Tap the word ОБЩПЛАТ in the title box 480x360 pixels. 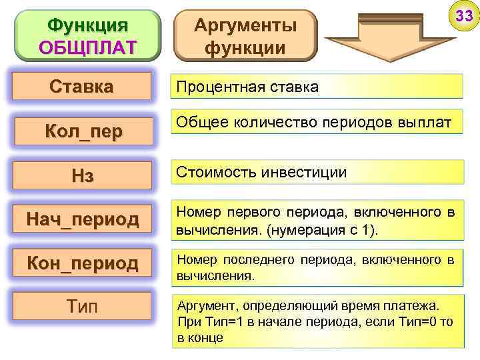[x=87, y=47]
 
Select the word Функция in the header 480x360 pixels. [x=87, y=26]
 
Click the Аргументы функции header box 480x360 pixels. [x=245, y=36]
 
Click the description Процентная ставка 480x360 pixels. [x=247, y=87]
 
